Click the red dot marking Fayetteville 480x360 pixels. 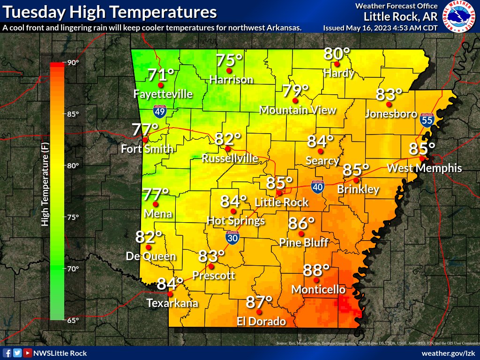click(x=161, y=85)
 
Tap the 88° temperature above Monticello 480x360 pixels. click(x=316, y=270)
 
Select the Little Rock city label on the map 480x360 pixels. click(x=281, y=202)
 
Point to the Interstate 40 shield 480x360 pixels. click(x=318, y=187)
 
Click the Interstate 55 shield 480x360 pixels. click(x=427, y=120)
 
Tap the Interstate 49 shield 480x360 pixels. click(x=160, y=111)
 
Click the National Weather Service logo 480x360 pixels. click(x=459, y=16)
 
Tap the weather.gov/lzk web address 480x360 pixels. click(x=449, y=353)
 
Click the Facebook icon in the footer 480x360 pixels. click(x=7, y=353)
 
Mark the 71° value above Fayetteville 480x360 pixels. click(x=161, y=74)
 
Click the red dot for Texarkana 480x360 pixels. click(x=170, y=294)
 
